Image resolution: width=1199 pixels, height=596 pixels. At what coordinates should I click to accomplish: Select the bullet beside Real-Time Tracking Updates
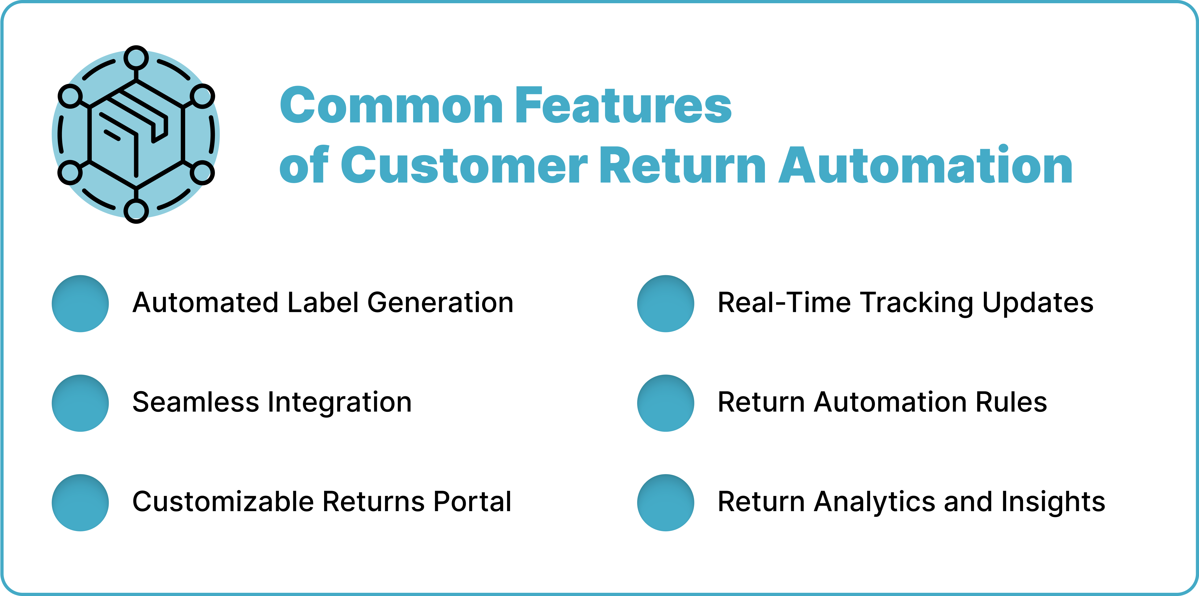pos(666,304)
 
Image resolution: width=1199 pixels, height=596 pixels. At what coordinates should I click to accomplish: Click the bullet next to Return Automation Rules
pos(666,403)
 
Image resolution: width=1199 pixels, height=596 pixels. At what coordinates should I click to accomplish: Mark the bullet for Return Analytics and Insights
pos(666,503)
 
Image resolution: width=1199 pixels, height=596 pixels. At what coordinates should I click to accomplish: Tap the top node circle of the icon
pos(136,58)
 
